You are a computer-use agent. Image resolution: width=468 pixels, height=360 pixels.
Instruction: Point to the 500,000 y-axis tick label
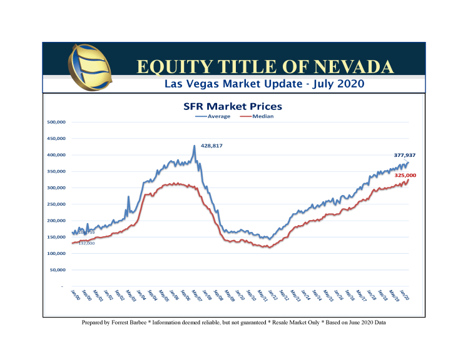57,122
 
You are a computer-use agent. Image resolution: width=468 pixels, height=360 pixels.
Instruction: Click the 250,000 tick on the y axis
57,204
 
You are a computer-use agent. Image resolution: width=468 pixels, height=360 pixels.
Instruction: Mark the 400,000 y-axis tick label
57,154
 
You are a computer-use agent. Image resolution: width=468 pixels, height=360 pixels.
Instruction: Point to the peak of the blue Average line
194,146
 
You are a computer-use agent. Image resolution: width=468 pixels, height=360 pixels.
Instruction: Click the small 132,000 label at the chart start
86,243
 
